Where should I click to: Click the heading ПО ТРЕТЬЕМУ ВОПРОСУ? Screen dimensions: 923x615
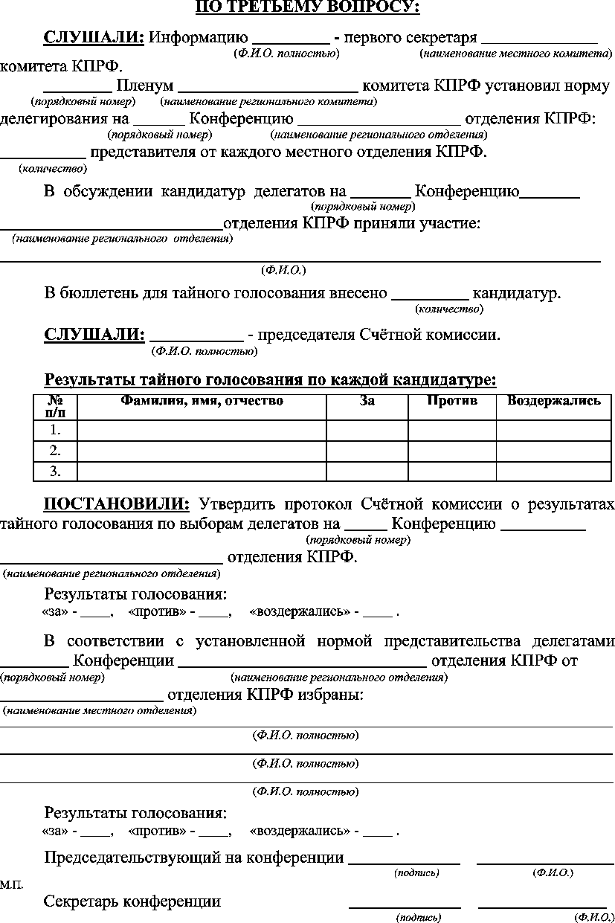tap(307, 8)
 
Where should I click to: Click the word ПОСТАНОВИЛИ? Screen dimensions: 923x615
tap(117, 504)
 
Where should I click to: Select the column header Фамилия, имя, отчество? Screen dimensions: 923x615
tap(202, 402)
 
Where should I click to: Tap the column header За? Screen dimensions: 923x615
tap(367, 402)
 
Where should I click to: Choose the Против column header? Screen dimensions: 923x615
tap(452, 402)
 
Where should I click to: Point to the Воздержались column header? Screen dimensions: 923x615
tap(554, 402)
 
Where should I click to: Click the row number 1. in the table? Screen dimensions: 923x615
tap(55, 430)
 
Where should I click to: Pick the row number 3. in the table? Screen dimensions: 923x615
tap(55, 471)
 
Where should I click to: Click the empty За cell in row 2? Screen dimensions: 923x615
tap(367, 451)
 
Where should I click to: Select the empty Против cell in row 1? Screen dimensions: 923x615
tap(452, 430)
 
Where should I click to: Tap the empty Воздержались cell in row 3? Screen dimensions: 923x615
tap(554, 471)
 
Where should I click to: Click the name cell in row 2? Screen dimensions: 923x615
tap(202, 451)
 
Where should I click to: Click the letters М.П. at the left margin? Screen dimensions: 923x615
tap(11, 885)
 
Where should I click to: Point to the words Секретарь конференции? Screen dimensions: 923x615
tap(132, 901)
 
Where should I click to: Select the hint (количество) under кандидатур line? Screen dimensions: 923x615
tap(448, 308)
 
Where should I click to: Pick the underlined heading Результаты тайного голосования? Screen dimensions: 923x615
tap(270, 381)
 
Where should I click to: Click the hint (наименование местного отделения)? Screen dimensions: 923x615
tap(100, 710)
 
